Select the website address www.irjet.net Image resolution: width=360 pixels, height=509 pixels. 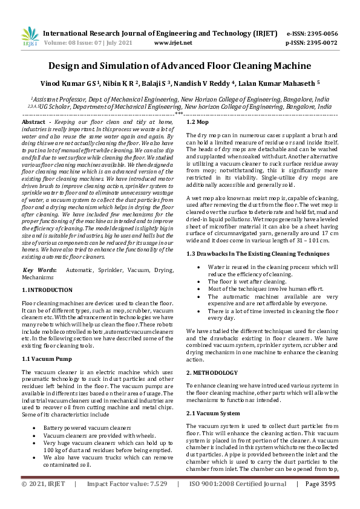coord(173,43)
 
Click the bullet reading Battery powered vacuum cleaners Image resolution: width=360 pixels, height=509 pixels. coord(87,428)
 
